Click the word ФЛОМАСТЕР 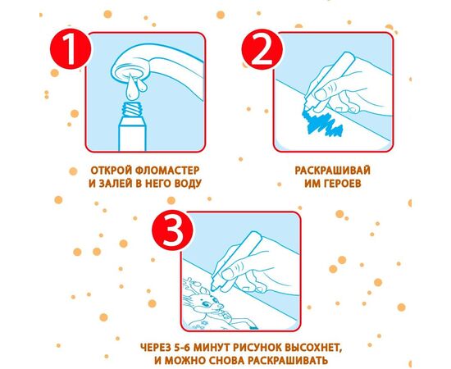tap(166, 171)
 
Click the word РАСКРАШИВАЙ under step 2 tap(332, 171)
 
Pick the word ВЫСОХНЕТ tap(313, 348)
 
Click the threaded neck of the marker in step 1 tap(132, 109)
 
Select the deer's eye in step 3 tap(207, 304)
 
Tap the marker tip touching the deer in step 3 tap(213, 287)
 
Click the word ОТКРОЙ tap(111, 171)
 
